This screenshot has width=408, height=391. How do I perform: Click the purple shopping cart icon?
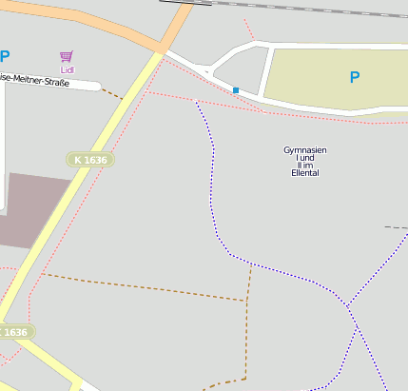66,57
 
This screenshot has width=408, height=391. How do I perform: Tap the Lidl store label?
67,69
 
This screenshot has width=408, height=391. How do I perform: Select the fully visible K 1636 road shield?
90,160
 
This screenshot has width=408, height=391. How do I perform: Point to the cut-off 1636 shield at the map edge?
14,332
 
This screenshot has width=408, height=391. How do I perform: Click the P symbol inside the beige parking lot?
355,77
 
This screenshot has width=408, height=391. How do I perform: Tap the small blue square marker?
236,90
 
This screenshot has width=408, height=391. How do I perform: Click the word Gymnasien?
305,150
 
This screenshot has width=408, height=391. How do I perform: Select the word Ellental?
305,173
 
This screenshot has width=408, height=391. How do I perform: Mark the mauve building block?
33,207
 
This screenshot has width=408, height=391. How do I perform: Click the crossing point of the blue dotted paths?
349,306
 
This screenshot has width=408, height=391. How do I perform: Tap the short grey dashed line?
396,228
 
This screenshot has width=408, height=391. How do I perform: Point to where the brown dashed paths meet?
248,301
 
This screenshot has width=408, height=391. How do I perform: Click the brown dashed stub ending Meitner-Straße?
112,93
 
